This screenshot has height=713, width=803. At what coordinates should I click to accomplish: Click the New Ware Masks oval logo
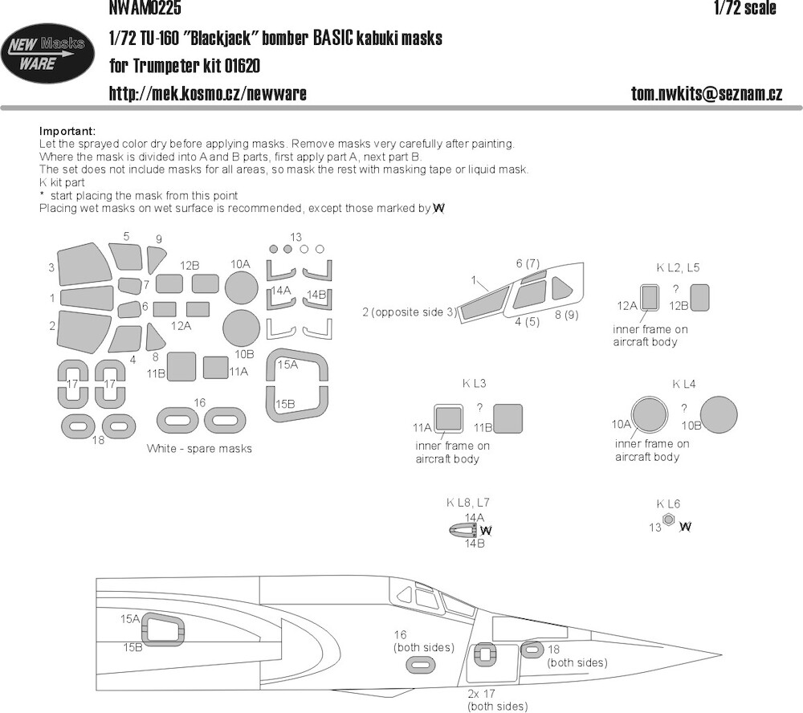[x=47, y=55]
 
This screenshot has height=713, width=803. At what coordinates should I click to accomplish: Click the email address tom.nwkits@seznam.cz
[x=706, y=93]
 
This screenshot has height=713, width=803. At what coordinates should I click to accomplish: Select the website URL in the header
[x=208, y=93]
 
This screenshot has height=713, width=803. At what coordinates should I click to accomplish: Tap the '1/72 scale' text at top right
[x=745, y=8]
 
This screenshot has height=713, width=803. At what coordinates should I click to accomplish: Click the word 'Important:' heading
[x=67, y=131]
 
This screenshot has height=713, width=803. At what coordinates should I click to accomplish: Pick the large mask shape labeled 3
[x=84, y=264]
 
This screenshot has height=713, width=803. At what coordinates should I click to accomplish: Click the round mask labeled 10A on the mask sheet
[x=241, y=287]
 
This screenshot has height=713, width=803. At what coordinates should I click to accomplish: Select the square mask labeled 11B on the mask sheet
[x=181, y=366]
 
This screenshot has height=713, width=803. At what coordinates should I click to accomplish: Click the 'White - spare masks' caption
[x=199, y=449]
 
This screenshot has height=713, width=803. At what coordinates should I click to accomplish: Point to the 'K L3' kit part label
[x=475, y=384]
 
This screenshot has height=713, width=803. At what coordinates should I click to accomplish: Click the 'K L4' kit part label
[x=684, y=384]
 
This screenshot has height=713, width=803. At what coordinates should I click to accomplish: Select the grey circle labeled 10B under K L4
[x=719, y=414]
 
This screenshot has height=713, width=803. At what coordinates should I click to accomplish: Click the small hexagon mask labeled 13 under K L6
[x=668, y=519]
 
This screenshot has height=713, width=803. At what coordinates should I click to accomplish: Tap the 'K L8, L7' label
[x=467, y=503]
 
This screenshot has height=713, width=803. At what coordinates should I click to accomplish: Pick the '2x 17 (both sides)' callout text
[x=497, y=699]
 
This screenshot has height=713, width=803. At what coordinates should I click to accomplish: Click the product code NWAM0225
[x=145, y=7]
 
